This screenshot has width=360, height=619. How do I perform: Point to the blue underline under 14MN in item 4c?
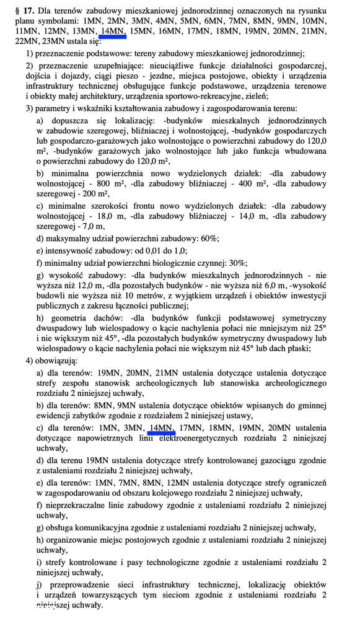coord(162,433)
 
